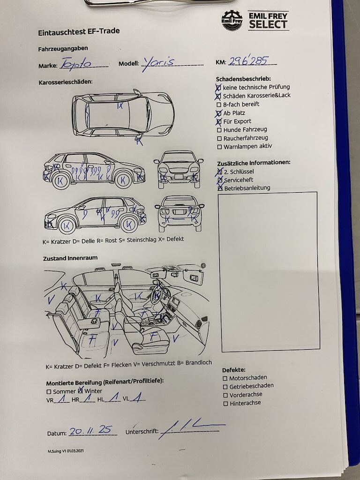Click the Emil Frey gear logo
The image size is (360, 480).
232,21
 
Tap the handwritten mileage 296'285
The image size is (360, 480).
249,61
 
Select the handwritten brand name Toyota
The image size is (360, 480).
76,64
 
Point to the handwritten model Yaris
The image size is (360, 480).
158,63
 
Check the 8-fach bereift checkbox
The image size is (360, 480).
219,105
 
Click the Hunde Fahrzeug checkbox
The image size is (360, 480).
219,130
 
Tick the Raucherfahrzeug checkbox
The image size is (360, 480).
219,138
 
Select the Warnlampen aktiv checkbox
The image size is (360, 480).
219,147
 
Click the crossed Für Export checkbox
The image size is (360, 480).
218,122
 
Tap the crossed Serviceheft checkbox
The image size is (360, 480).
220,180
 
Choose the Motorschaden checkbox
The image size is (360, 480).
225,378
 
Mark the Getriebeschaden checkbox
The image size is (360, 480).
225,387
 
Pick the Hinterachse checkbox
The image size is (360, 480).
225,404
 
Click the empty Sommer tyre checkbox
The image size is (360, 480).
49,392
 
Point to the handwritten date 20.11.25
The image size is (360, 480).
90,430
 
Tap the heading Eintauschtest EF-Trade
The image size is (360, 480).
79,31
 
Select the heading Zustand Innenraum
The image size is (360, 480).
70,258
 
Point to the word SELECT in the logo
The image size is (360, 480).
268,24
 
